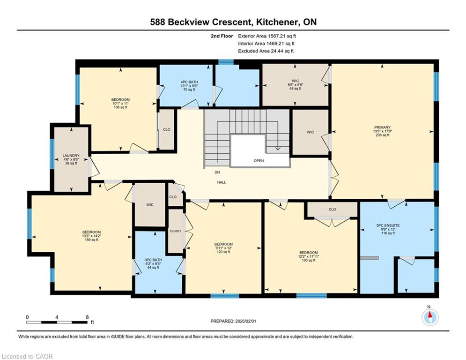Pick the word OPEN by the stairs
(x=259, y=161)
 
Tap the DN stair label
(x=217, y=172)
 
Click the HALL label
(x=222, y=182)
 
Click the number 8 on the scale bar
(x=87, y=317)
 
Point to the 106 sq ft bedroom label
(x=120, y=103)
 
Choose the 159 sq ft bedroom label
(x=91, y=236)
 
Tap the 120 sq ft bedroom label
(x=223, y=248)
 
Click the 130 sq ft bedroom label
(x=308, y=256)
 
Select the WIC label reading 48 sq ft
(x=295, y=85)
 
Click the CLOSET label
(x=175, y=231)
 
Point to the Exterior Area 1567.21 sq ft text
(x=267, y=36)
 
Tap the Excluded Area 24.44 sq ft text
(x=266, y=51)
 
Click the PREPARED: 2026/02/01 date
(x=233, y=321)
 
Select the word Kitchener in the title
(x=278, y=22)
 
